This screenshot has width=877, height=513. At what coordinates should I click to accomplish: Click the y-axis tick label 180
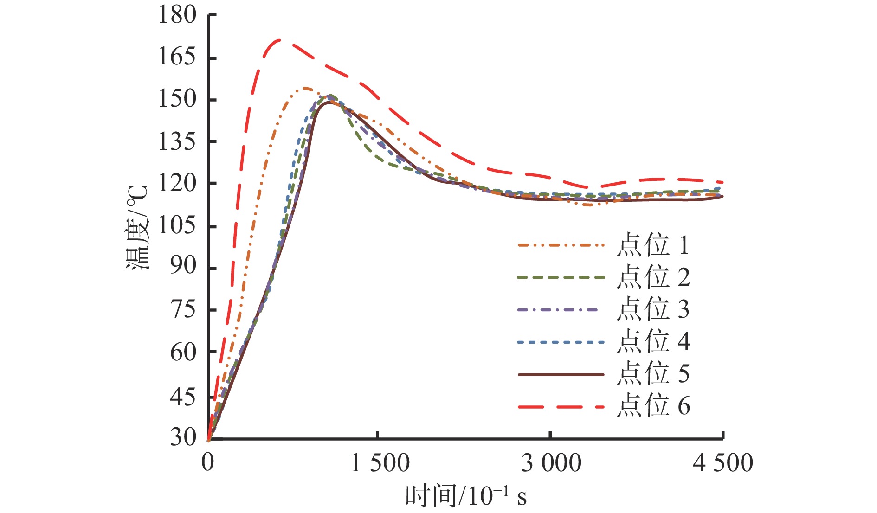pyautogui.click(x=177, y=15)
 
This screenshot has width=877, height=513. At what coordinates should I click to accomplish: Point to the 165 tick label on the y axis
pyautogui.click(x=177, y=57)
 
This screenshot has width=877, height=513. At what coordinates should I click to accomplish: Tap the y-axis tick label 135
pyautogui.click(x=177, y=141)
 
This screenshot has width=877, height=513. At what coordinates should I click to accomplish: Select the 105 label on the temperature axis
pyautogui.click(x=177, y=226)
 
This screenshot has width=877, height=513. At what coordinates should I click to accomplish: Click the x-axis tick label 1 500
pyautogui.click(x=380, y=463)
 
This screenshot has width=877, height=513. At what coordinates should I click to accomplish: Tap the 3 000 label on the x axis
pyautogui.click(x=551, y=463)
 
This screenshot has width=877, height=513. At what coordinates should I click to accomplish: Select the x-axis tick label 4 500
pyautogui.click(x=722, y=463)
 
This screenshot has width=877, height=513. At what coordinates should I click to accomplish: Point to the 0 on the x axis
pyautogui.click(x=208, y=463)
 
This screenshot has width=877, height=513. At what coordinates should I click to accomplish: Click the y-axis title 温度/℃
pyautogui.click(x=138, y=227)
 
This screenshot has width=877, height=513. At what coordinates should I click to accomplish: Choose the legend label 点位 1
pyautogui.click(x=653, y=245)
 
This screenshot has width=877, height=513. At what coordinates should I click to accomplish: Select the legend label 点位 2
pyautogui.click(x=653, y=277)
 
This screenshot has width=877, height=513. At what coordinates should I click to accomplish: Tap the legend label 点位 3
pyautogui.click(x=653, y=309)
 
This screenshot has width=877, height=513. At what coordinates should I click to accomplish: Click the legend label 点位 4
pyautogui.click(x=653, y=342)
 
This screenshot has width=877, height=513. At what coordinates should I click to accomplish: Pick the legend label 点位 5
pyautogui.click(x=653, y=374)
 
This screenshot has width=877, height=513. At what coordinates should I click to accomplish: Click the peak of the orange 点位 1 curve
pyautogui.click(x=305, y=88)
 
